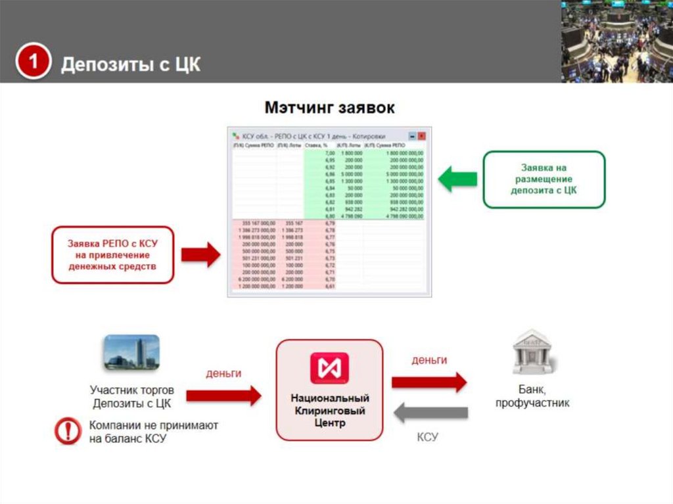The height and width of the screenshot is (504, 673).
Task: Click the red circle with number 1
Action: pyautogui.click(x=33, y=63)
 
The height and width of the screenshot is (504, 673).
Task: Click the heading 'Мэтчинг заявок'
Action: pyautogui.click(x=329, y=108)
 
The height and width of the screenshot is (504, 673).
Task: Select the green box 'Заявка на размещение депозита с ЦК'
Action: pyautogui.click(x=544, y=179)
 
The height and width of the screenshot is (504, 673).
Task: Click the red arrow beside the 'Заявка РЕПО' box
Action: pyautogui.click(x=200, y=254)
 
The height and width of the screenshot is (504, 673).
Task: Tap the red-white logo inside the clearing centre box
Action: pyautogui.click(x=329, y=369)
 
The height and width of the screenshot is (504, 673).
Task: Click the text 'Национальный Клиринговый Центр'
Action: pyautogui.click(x=329, y=411)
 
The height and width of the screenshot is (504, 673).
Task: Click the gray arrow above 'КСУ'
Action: pyautogui.click(x=430, y=413)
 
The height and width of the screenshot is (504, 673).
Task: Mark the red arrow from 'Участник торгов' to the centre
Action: pyautogui.click(x=223, y=395)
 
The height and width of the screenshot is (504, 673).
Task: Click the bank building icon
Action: pyautogui.click(x=533, y=352)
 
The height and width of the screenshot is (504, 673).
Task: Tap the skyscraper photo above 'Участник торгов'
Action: pyautogui.click(x=131, y=352)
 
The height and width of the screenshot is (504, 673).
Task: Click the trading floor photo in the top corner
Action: pyautogui.click(x=616, y=41)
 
